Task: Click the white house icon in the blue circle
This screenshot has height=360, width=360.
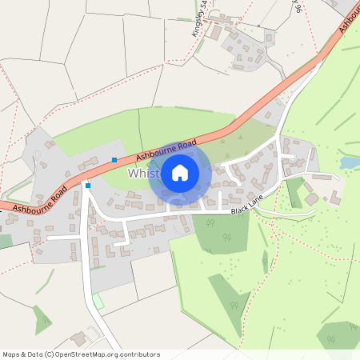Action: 180,172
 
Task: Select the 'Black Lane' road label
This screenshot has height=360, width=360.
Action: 247,208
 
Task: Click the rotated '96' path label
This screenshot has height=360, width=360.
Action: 297,7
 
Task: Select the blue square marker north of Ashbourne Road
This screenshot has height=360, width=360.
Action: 114,160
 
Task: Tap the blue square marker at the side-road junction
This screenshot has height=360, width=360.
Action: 88,186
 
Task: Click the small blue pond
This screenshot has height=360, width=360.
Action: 350,162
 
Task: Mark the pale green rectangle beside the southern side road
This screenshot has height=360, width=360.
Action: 98,302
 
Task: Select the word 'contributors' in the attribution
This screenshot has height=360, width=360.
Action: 141,354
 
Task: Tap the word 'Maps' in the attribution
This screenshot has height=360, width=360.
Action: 11,354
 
